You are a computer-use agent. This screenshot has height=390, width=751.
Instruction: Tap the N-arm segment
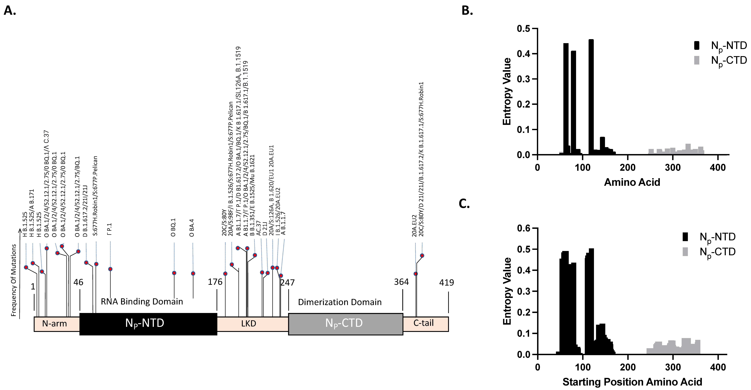click(x=55, y=324)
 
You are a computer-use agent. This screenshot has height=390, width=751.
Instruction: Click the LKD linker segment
click(x=249, y=324)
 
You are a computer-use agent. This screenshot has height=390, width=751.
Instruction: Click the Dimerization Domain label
click(x=340, y=302)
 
